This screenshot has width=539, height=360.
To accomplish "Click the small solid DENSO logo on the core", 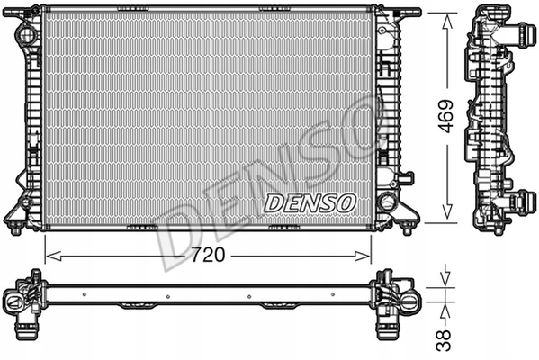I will click(x=310, y=202).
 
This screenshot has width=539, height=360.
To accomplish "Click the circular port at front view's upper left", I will click(x=26, y=33).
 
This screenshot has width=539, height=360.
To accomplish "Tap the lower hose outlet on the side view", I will click(x=521, y=202).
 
